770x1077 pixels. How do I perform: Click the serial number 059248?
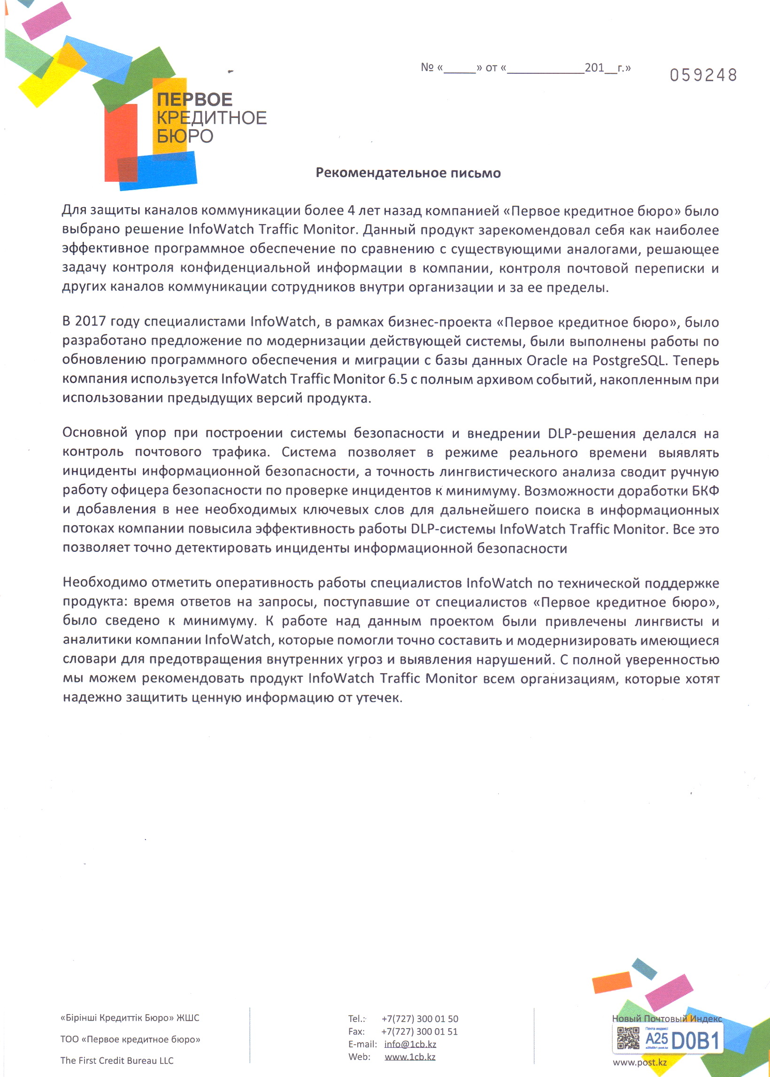click(x=703, y=75)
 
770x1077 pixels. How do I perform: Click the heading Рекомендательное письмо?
click(x=408, y=173)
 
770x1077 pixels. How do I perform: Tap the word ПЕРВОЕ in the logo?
click(x=194, y=100)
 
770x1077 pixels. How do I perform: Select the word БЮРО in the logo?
click(x=185, y=137)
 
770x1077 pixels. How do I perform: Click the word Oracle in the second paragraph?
click(x=547, y=360)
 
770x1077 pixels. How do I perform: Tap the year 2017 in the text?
click(x=90, y=322)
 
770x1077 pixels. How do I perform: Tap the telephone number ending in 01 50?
click(x=420, y=1019)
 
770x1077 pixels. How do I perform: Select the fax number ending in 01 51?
click(x=420, y=1031)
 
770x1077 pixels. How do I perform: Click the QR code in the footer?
click(x=628, y=1038)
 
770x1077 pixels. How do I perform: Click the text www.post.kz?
click(x=639, y=1063)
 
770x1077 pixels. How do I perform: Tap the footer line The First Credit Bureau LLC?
click(x=117, y=1061)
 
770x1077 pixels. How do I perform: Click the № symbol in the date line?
click(x=427, y=67)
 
